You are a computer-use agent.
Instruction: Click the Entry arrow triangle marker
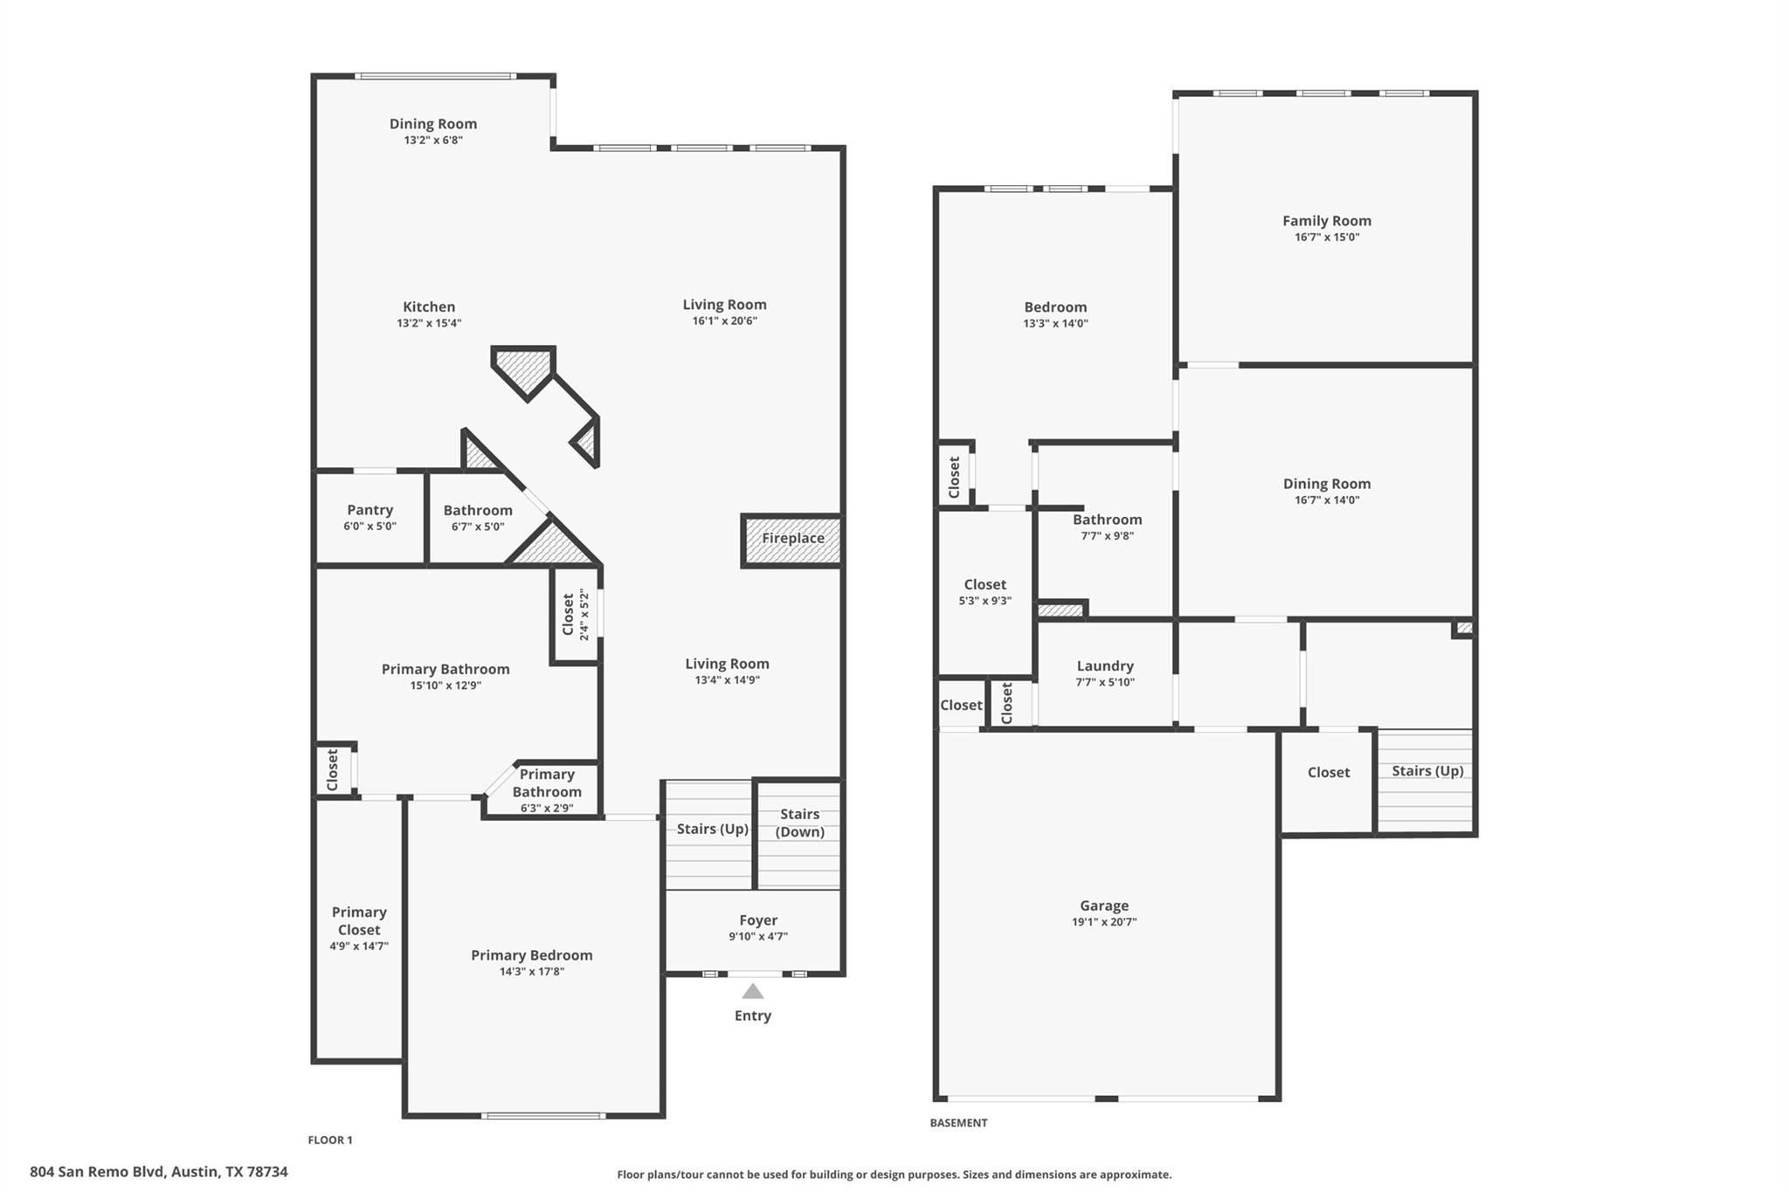tap(752, 991)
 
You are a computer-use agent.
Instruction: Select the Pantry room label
tap(370, 510)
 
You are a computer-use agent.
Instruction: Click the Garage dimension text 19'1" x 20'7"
tap(1104, 922)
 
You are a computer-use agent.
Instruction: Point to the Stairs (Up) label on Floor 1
tap(712, 829)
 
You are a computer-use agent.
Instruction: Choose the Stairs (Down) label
tap(799, 823)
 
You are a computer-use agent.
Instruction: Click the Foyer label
tap(757, 920)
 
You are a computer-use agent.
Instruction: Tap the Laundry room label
tap(1105, 666)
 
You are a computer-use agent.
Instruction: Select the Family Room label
tap(1326, 221)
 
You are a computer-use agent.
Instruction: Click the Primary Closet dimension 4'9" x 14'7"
tap(359, 947)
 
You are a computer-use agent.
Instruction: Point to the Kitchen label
tap(429, 307)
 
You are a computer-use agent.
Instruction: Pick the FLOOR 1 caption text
tap(330, 1140)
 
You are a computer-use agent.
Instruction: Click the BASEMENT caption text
tap(958, 1123)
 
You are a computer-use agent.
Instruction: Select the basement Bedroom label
tap(1055, 307)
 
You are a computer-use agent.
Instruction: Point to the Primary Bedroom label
tap(531, 955)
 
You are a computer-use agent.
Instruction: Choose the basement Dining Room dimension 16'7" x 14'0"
tap(1326, 500)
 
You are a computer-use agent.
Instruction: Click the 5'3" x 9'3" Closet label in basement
tap(984, 585)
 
